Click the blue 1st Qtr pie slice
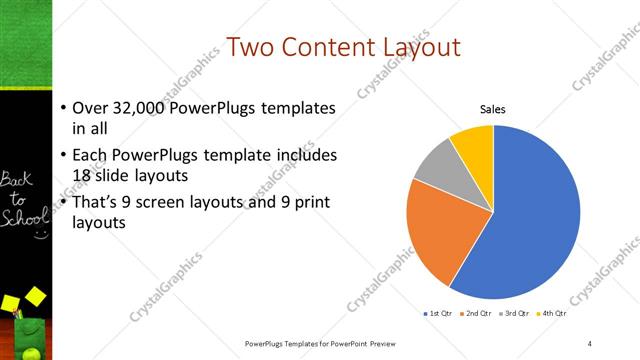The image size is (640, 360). click(530, 220)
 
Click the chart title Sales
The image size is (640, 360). click(493, 109)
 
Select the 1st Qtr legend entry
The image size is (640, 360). click(439, 313)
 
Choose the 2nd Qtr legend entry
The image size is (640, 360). click(479, 313)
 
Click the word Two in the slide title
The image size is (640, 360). click(250, 47)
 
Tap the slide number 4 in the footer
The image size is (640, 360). click(590, 343)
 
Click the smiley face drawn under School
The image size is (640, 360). click(40, 235)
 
